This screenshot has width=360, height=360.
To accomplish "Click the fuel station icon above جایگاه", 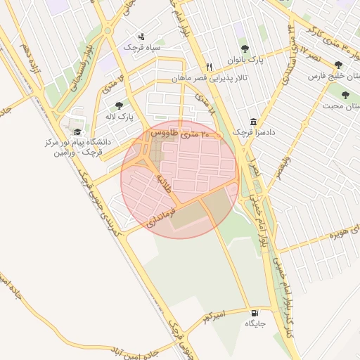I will pyautogui.click(x=254, y=312).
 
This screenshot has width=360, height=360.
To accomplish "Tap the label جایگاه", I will pyautogui.click(x=254, y=324).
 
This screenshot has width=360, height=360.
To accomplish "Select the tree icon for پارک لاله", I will pyautogui.click(x=119, y=105).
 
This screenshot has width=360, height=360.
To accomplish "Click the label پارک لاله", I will pyautogui.click(x=119, y=116).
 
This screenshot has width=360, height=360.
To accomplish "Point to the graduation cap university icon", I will pyautogui.click(x=77, y=131).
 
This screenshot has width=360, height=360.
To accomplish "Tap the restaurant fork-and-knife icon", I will pyautogui.click(x=208, y=58).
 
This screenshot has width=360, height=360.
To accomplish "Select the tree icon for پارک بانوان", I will pyautogui.click(x=244, y=49).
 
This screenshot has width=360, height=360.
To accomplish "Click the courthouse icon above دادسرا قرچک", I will pyautogui.click(x=253, y=120).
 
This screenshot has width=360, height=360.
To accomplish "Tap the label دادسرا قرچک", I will pyautogui.click(x=251, y=132).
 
